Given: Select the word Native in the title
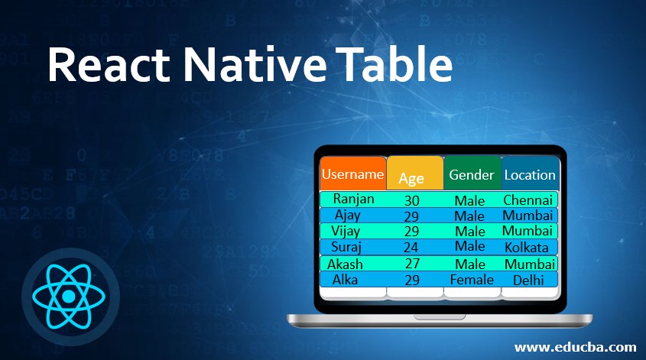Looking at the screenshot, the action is point(255,65).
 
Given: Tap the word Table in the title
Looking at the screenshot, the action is point(394,64).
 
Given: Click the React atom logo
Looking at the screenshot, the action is point(69,296).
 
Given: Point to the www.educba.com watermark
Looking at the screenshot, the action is point(575,347).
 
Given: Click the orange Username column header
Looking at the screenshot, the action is point(353,173).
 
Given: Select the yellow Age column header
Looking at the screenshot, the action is point(415,174).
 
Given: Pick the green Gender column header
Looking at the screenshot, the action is point(472,173).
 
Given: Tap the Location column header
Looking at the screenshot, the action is point(531,174).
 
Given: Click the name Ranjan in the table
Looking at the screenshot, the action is point(353,199).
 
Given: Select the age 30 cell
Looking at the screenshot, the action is point(411,200).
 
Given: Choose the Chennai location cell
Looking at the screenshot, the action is point(528,200).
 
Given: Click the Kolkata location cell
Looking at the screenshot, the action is point(527,248).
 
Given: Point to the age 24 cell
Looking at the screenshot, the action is point(411,248).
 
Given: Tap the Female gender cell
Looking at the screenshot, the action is point(472,280).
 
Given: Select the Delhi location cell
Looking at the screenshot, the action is point(528,280).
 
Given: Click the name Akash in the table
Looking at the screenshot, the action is point(345,264).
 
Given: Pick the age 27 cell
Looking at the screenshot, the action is point(412,263).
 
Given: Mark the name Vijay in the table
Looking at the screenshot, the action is point(346,232).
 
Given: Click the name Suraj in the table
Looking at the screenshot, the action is point(346,247).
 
